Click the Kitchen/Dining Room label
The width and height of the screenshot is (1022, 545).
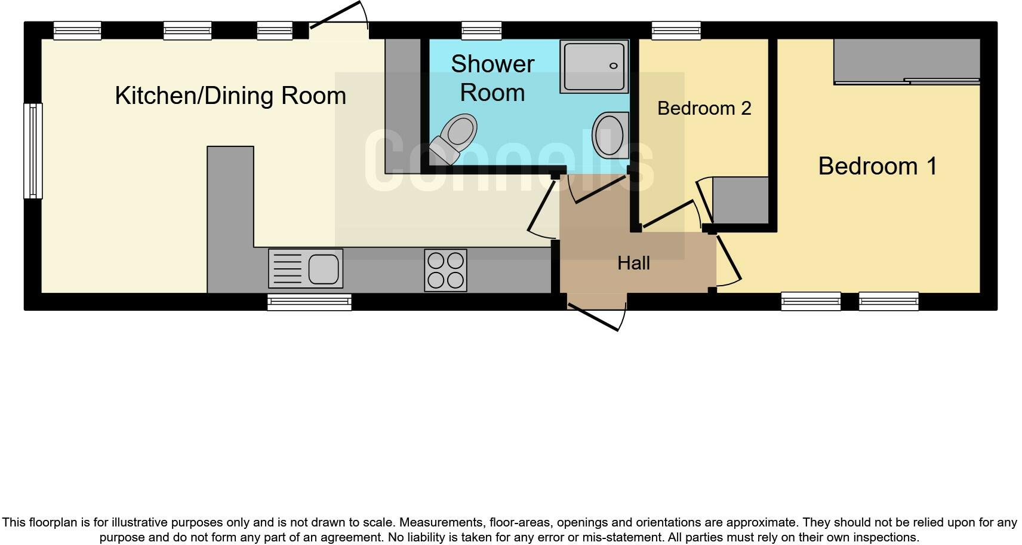click(x=230, y=96)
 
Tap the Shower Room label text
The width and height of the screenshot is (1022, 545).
click(x=492, y=78)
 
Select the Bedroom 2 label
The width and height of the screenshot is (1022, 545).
click(x=704, y=108)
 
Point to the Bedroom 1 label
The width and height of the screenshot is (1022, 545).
click(x=877, y=166)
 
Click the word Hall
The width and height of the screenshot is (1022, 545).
click(x=633, y=263)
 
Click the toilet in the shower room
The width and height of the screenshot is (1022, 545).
click(x=455, y=137)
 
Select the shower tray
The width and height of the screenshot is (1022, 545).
click(x=594, y=66)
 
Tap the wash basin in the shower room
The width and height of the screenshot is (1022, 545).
click(x=610, y=134)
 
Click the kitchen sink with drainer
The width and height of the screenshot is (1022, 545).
click(x=306, y=268)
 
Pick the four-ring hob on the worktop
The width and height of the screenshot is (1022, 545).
click(x=445, y=271)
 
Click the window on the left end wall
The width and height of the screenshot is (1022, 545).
click(x=33, y=151)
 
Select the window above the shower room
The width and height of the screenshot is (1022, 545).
click(x=481, y=30)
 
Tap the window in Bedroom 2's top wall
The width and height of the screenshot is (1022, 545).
click(x=676, y=30)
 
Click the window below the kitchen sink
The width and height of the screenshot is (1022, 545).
click(x=309, y=302)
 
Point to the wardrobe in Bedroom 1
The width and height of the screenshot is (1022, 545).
click(x=907, y=62)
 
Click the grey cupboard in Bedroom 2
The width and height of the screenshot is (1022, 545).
click(x=740, y=200)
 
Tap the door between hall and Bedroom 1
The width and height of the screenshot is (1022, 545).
click(x=728, y=258)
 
